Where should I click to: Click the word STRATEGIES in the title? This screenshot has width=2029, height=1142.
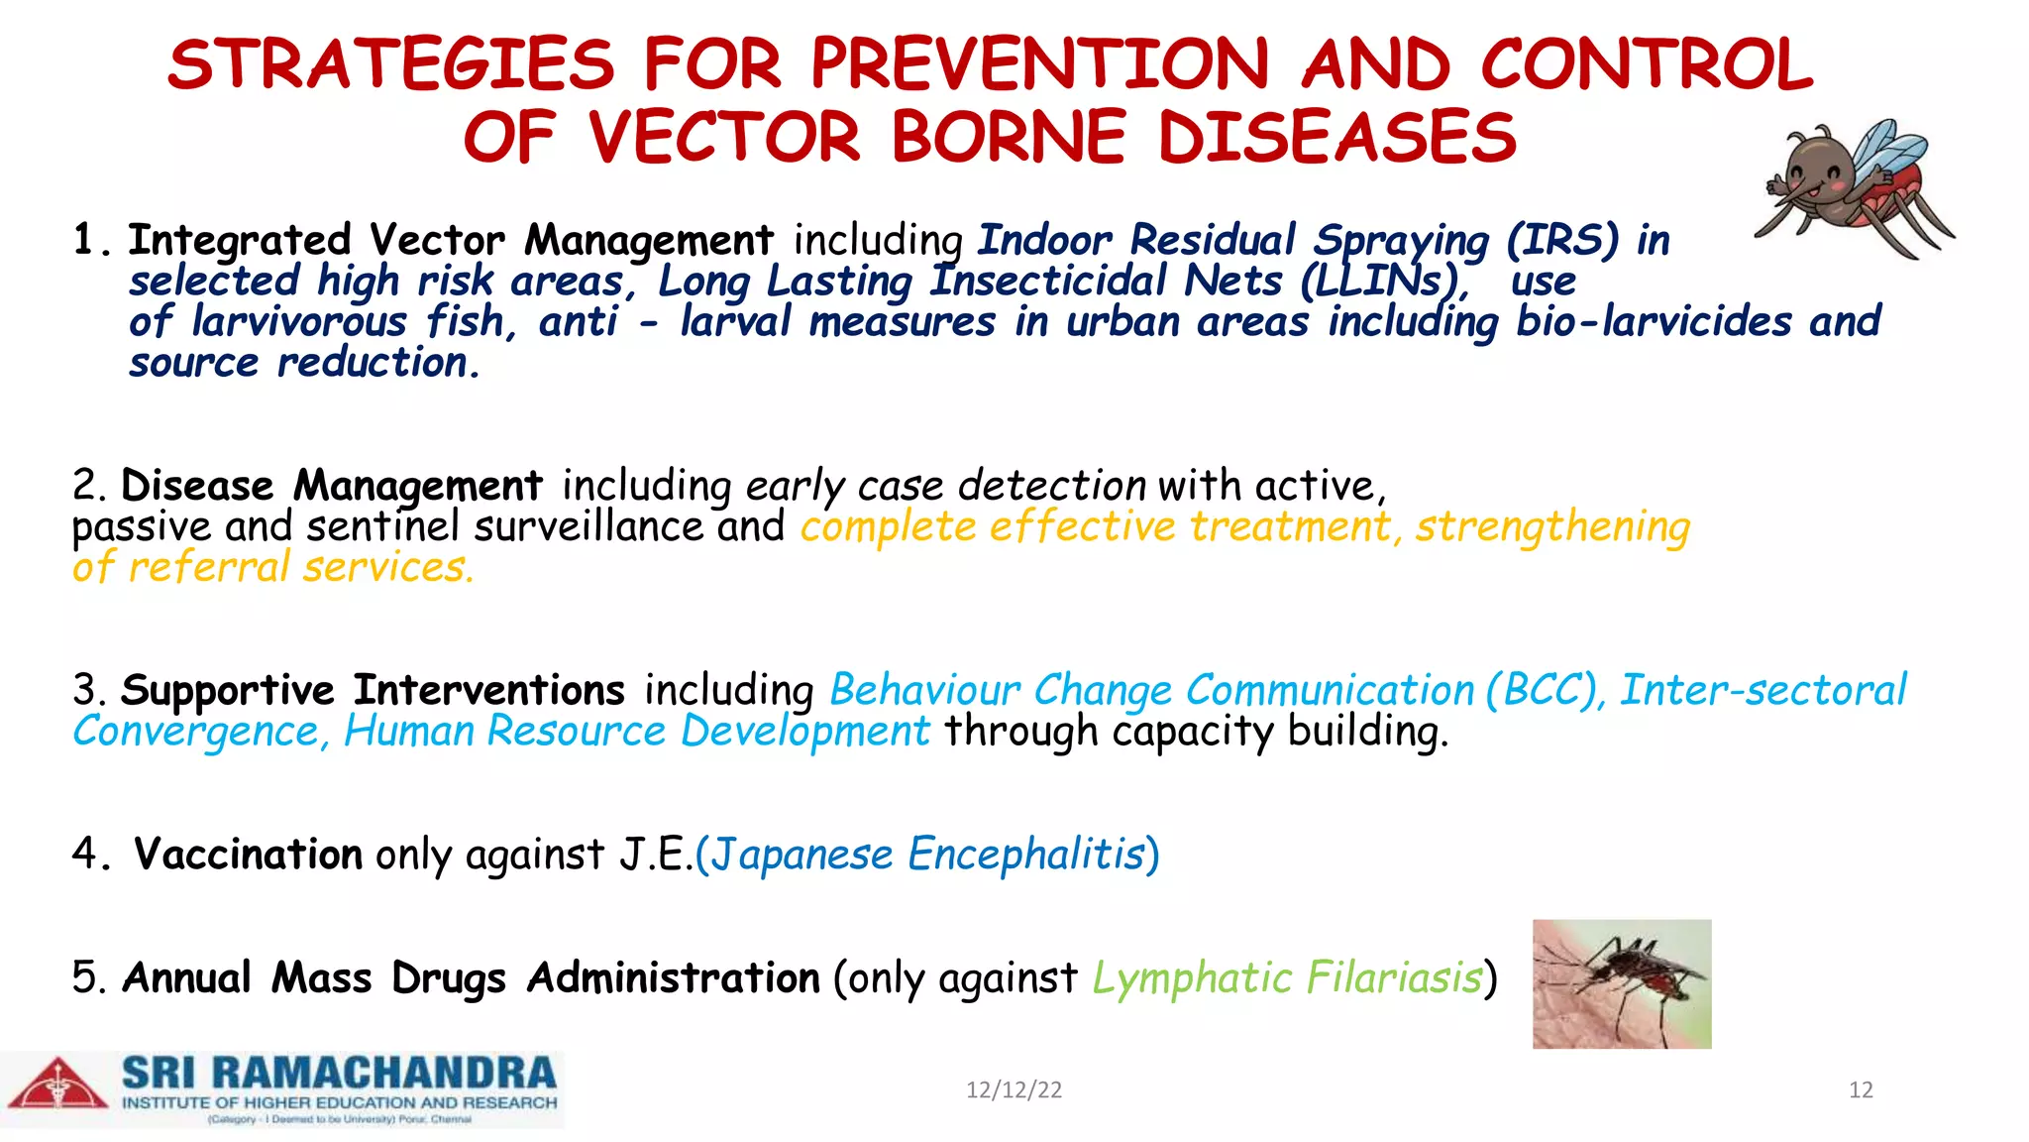click(391, 65)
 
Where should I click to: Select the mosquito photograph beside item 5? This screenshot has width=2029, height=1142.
click(1621, 983)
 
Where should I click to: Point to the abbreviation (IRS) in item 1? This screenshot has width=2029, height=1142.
click(1562, 240)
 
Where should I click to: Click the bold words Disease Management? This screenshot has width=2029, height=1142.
click(332, 486)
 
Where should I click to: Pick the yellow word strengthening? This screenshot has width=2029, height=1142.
click(1551, 526)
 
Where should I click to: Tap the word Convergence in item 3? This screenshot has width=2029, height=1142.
click(196, 732)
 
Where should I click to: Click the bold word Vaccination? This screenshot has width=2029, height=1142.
click(248, 854)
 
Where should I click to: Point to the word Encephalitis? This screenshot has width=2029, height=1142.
click(1026, 854)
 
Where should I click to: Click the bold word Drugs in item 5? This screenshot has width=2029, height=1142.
click(448, 977)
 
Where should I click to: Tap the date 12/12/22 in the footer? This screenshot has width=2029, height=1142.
click(1014, 1090)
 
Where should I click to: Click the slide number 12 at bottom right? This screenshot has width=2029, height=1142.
click(1860, 1090)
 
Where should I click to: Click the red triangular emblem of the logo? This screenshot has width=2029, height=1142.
click(57, 1085)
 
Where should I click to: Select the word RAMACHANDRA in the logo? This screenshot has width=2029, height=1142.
click(383, 1074)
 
